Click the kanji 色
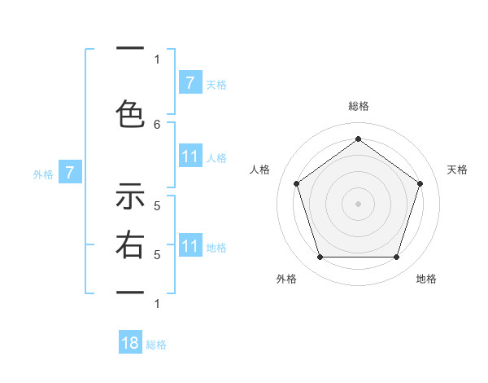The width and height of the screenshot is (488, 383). click(x=130, y=114)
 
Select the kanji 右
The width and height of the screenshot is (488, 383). click(x=130, y=244)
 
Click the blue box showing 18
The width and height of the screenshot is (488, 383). click(x=130, y=343)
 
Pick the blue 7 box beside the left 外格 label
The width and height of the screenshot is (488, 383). click(x=70, y=173)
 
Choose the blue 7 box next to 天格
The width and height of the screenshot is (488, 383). click(x=190, y=83)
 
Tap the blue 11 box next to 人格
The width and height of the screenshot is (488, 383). click(x=190, y=156)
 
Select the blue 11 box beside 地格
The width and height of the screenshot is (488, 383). click(x=190, y=246)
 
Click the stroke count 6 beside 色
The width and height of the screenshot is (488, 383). click(x=157, y=124)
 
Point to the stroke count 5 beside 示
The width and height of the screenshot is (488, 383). click(x=157, y=205)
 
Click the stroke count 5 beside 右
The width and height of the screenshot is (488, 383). click(x=157, y=254)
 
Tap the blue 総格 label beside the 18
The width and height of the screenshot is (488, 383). click(x=157, y=345)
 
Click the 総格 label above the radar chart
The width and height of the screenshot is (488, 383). click(x=358, y=106)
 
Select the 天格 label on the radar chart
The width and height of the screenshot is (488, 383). click(x=458, y=169)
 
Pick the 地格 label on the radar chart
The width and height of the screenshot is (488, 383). click(x=426, y=279)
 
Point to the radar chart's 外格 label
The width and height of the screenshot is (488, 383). click(x=286, y=279)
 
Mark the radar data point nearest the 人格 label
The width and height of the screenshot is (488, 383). click(x=296, y=183)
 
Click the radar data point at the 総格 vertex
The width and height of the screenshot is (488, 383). click(x=358, y=139)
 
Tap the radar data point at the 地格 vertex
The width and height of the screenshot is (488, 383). click(x=396, y=257)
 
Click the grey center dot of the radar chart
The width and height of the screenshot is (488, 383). click(x=358, y=204)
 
